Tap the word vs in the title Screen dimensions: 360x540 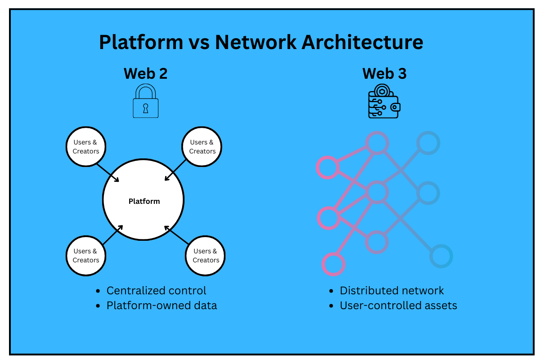pos(198,42)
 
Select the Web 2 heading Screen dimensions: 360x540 pos(145,73)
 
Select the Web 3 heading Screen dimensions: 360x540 pos(384,73)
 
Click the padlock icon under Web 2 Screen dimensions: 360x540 pos(145,102)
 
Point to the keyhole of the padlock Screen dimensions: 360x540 pos(145,108)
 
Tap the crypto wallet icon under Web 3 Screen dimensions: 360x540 pos(384,103)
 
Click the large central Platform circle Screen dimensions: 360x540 pos(144,201)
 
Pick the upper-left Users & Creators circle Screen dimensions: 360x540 pos(85,147)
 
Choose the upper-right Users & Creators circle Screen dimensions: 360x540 pos(202,147)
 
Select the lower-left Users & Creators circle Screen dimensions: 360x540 pos(85,255)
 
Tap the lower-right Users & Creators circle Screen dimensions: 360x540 pos(206,255)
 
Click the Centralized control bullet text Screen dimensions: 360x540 pos(156,291)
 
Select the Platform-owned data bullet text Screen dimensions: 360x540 pos(162,306)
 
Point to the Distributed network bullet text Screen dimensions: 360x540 pos(391,291)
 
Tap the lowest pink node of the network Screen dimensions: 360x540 pos(333,264)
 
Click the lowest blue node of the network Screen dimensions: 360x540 pos(441,256)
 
